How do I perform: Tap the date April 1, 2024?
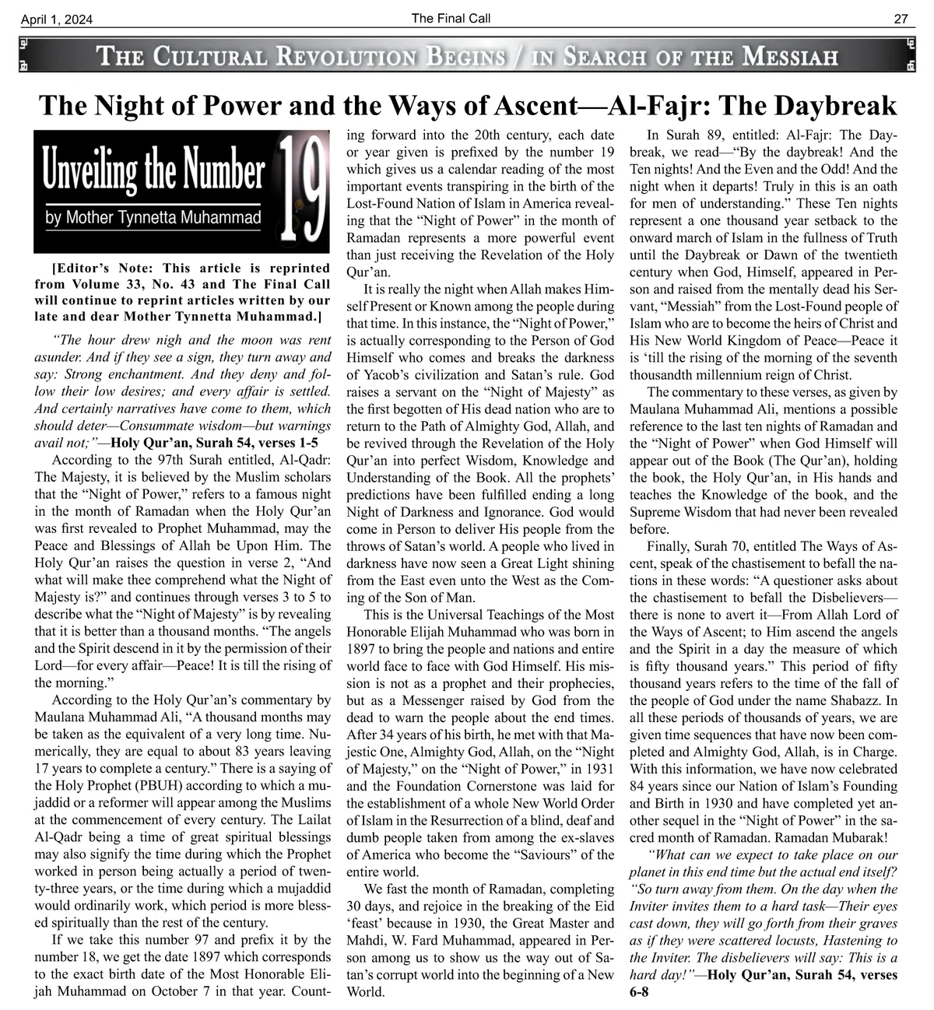pyautogui.click(x=58, y=20)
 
